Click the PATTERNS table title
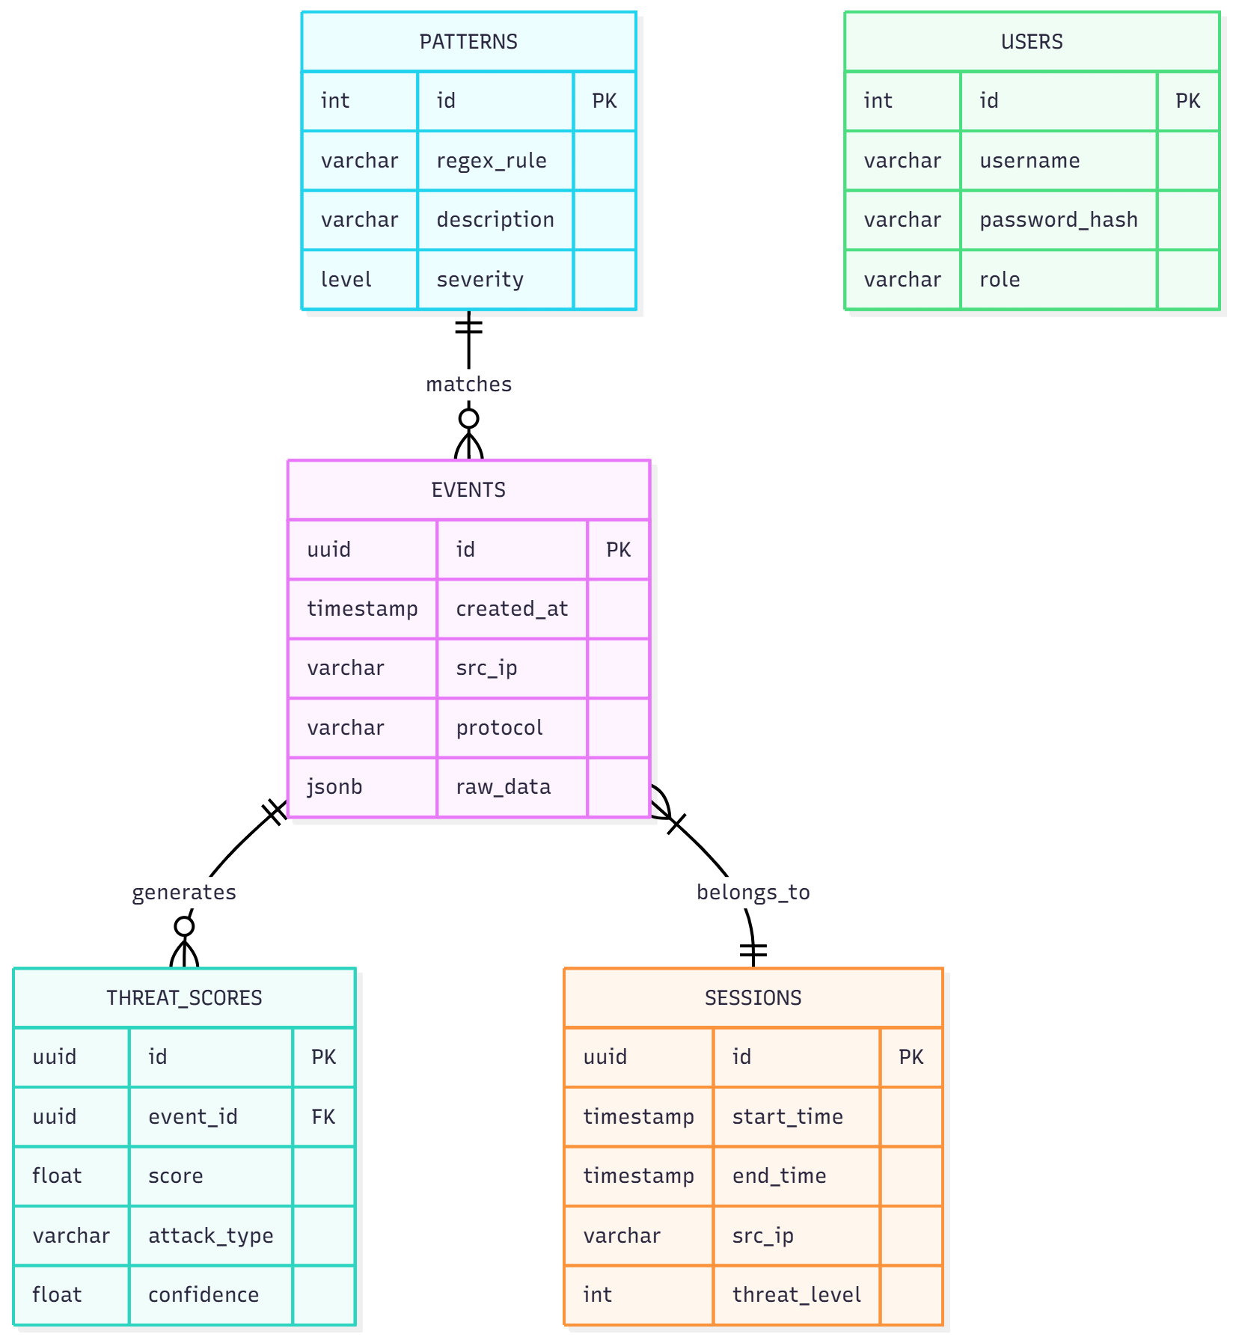tap(468, 42)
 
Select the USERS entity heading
tap(1031, 42)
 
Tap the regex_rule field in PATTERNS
tap(491, 161)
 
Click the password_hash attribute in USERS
tap(1058, 220)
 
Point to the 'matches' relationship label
tap(468, 385)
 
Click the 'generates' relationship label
tap(184, 893)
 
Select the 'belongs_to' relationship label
tap(753, 893)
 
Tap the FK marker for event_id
tap(323, 1117)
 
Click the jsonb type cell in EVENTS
tap(334, 787)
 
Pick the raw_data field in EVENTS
tap(503, 787)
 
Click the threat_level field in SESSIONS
tap(796, 1295)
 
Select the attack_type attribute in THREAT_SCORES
tap(210, 1236)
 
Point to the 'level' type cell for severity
tap(346, 280)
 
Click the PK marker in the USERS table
tap(1187, 101)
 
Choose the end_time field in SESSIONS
tap(779, 1176)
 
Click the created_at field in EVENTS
tap(512, 609)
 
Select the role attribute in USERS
tap(1000, 280)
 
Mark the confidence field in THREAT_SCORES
tap(204, 1295)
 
